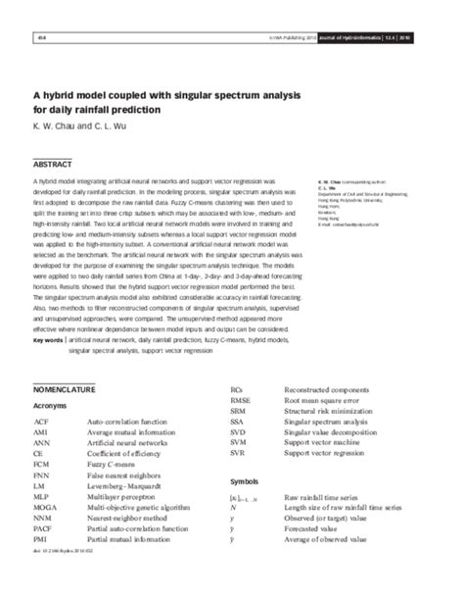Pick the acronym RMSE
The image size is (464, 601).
tap(241, 401)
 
